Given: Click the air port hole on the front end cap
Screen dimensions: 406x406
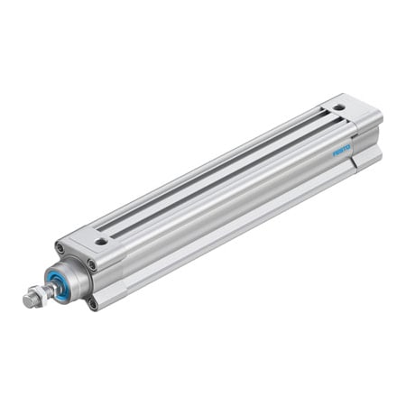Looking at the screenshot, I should [101, 241].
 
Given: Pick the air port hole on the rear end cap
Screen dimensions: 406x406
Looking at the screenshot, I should [337, 107].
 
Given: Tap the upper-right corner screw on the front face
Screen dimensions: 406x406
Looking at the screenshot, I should [92, 264].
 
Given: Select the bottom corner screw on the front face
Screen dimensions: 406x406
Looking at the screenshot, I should [93, 303].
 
